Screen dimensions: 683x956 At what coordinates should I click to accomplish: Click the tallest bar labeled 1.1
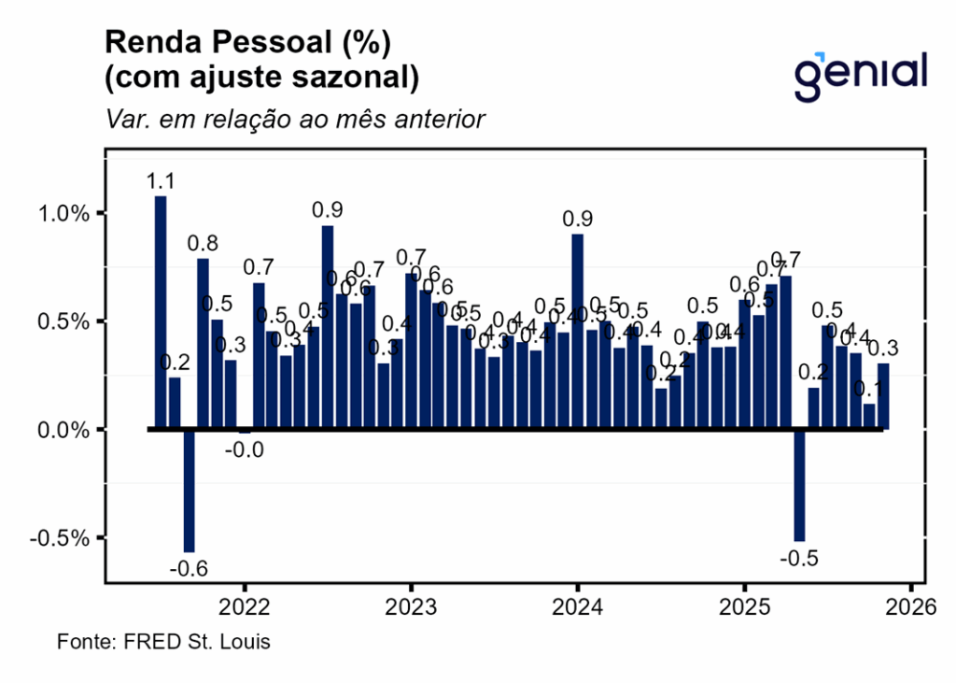click(161, 312)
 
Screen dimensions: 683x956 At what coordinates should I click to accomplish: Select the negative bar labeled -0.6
click(189, 491)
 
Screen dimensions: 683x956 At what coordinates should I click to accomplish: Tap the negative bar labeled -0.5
click(799, 485)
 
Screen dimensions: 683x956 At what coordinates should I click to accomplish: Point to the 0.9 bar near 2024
click(578, 332)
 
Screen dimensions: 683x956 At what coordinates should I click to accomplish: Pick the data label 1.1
click(162, 181)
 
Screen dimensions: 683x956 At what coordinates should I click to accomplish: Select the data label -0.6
click(189, 568)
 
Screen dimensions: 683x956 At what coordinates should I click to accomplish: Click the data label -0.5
click(799, 558)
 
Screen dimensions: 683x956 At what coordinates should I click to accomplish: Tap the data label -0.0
click(244, 449)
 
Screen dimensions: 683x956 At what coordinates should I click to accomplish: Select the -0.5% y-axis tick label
click(63, 538)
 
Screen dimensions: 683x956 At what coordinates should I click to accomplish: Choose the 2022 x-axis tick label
click(245, 606)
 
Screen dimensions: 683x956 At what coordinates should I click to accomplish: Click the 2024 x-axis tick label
click(577, 606)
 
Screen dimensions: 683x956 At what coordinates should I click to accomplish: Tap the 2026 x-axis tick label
click(910, 606)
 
